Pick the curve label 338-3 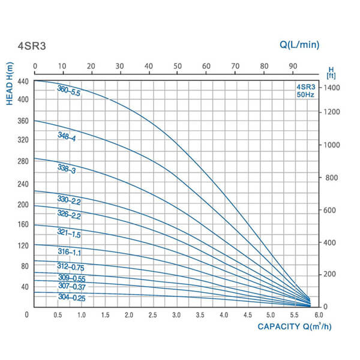click(67, 169)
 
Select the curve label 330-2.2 click(69, 202)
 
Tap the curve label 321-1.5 click(69, 233)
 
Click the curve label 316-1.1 click(69, 252)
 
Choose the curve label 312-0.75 click(71, 267)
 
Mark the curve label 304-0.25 click(71, 297)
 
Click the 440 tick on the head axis click(24, 80)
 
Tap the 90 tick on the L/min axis click(293, 66)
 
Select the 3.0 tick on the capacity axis click(176, 315)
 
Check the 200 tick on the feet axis click(330, 274)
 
